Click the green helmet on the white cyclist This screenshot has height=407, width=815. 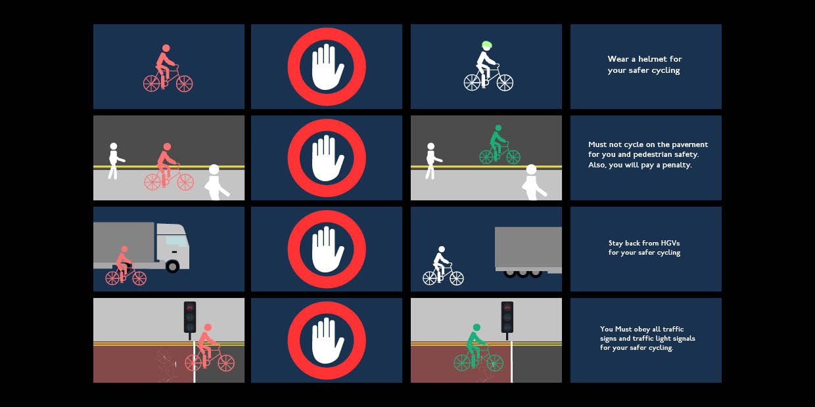click(486, 45)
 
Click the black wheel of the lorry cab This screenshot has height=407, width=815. click(172, 266)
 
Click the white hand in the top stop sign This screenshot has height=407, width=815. click(327, 66)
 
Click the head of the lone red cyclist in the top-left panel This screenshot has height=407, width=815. click(166, 48)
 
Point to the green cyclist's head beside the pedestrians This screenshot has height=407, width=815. click(498, 128)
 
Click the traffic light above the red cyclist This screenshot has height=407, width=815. click(190, 317)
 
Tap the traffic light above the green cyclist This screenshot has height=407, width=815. click(507, 317)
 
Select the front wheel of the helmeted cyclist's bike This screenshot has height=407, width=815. click(505, 82)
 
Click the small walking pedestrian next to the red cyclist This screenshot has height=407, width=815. click(114, 160)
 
